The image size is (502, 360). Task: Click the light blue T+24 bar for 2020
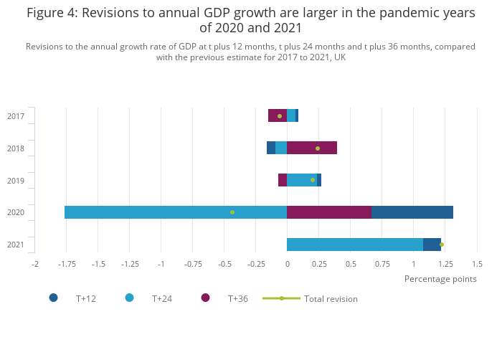(176, 212)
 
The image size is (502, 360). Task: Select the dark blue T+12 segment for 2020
(412, 212)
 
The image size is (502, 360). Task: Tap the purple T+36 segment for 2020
(329, 212)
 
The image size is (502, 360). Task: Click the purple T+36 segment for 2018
(312, 148)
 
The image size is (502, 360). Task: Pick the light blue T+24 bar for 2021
(355, 245)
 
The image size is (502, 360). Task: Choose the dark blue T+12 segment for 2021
(432, 245)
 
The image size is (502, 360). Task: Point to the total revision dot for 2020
(232, 212)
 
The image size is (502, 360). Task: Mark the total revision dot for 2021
(442, 245)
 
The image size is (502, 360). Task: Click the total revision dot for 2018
(318, 148)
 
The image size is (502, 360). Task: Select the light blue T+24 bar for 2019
(302, 180)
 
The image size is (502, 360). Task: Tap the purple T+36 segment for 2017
(278, 115)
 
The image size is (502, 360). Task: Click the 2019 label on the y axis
(16, 181)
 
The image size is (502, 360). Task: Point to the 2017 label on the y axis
(16, 116)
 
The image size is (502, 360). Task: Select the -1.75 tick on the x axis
(67, 265)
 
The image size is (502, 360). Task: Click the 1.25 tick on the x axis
(445, 265)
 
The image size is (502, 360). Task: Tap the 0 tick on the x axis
(287, 265)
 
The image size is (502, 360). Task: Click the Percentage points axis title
(440, 279)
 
